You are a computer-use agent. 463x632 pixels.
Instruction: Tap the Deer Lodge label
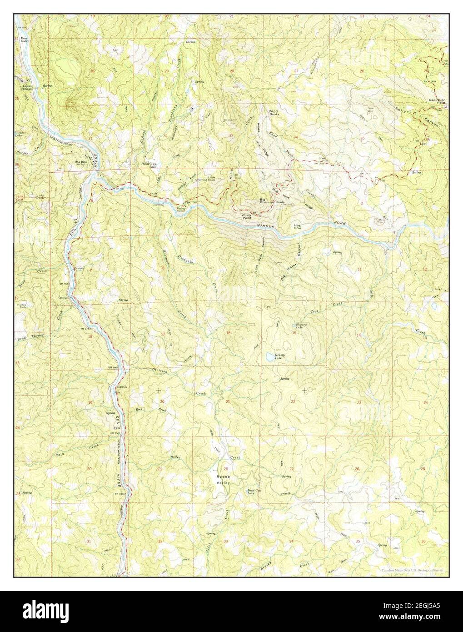pos(21,40)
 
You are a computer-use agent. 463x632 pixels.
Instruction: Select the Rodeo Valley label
pos(223,477)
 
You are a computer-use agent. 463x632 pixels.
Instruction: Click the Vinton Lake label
pos(22,135)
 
